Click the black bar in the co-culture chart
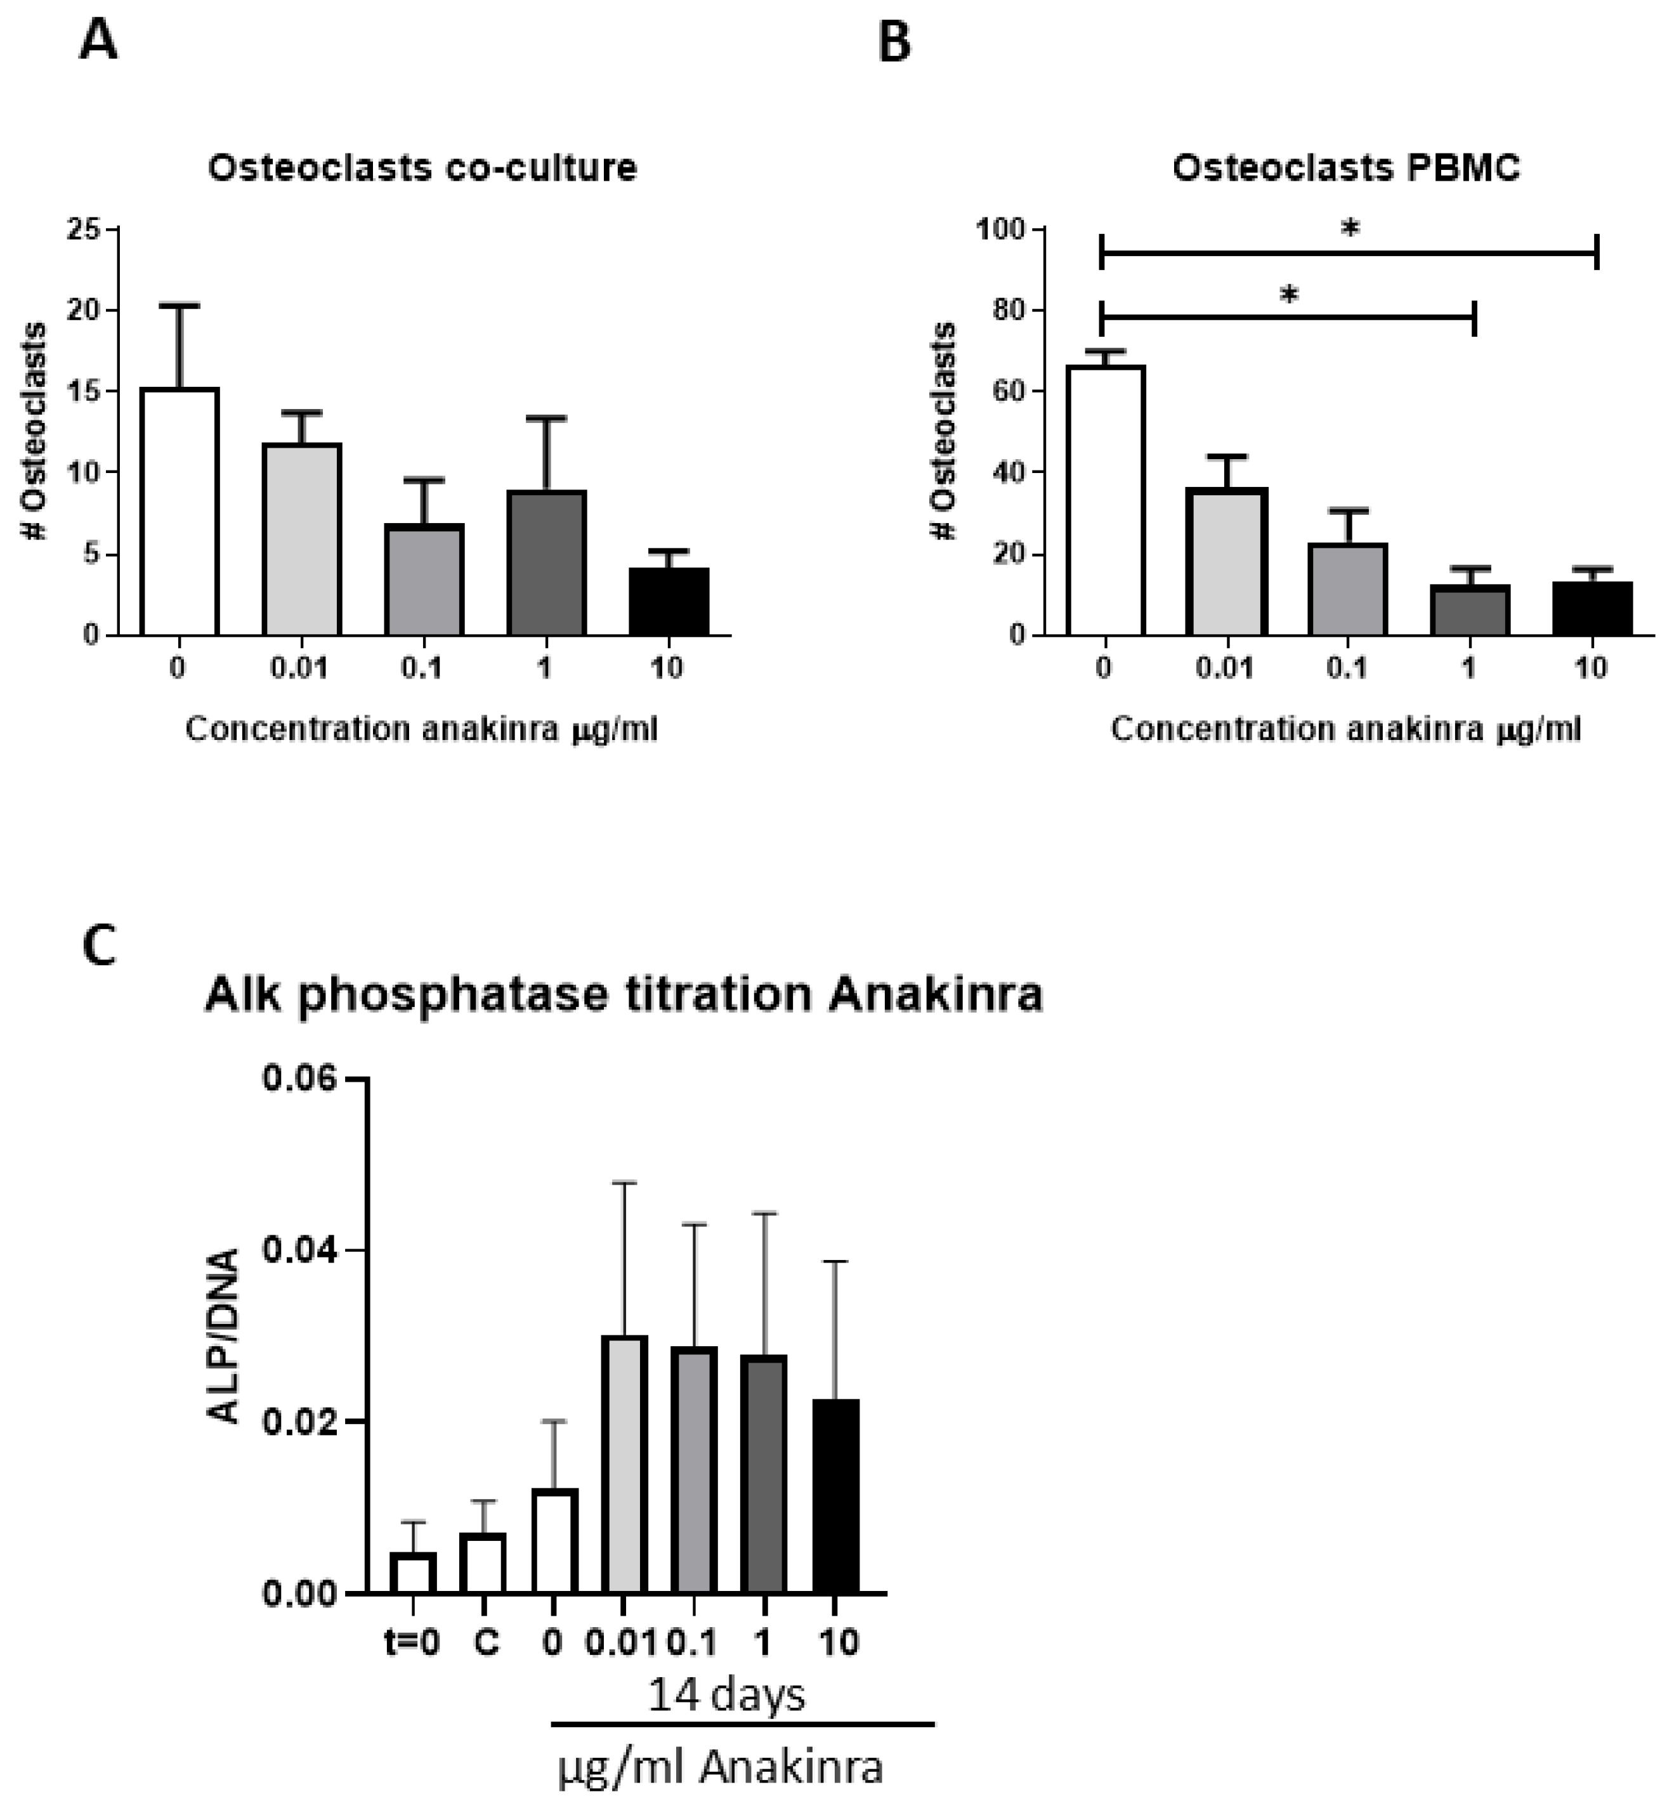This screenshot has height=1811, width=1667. point(669,602)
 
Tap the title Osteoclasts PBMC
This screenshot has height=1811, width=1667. point(1346,169)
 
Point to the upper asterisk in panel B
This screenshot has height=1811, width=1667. point(1349,229)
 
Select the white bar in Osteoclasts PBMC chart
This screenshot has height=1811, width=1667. point(1105,500)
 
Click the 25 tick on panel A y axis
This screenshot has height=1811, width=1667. point(83,229)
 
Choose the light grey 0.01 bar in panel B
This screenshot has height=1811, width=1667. point(1227,561)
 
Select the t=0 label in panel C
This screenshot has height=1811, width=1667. point(412,1642)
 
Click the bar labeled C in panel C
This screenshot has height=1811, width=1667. point(483,1562)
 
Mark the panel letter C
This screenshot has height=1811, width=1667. point(98,947)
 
